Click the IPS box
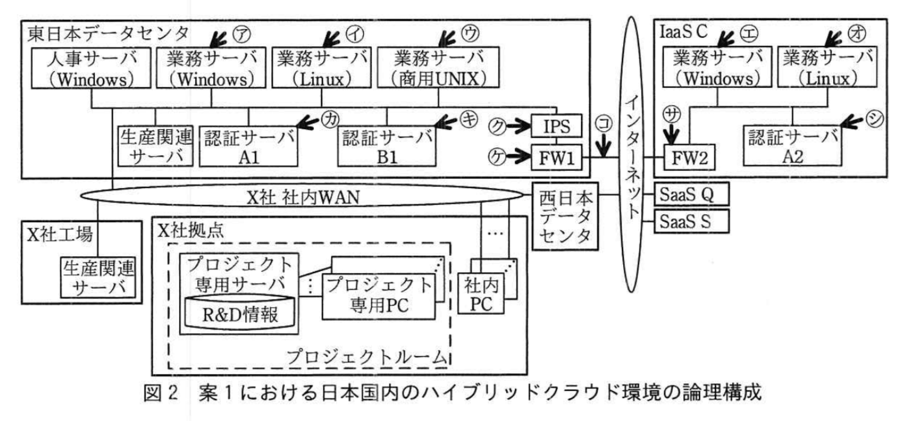[556, 126]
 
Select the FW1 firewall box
[556, 158]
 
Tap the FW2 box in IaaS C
[689, 158]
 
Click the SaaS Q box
[691, 194]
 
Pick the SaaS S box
[691, 221]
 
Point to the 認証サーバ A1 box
[248, 147]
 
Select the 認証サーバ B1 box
[387, 147]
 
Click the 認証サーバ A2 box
[792, 147]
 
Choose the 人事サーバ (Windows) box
[91, 68]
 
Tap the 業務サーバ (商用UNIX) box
[438, 68]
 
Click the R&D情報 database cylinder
[240, 312]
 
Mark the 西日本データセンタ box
[565, 217]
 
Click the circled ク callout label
[497, 126]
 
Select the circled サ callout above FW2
[672, 114]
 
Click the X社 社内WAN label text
[303, 197]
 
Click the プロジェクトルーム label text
[366, 356]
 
